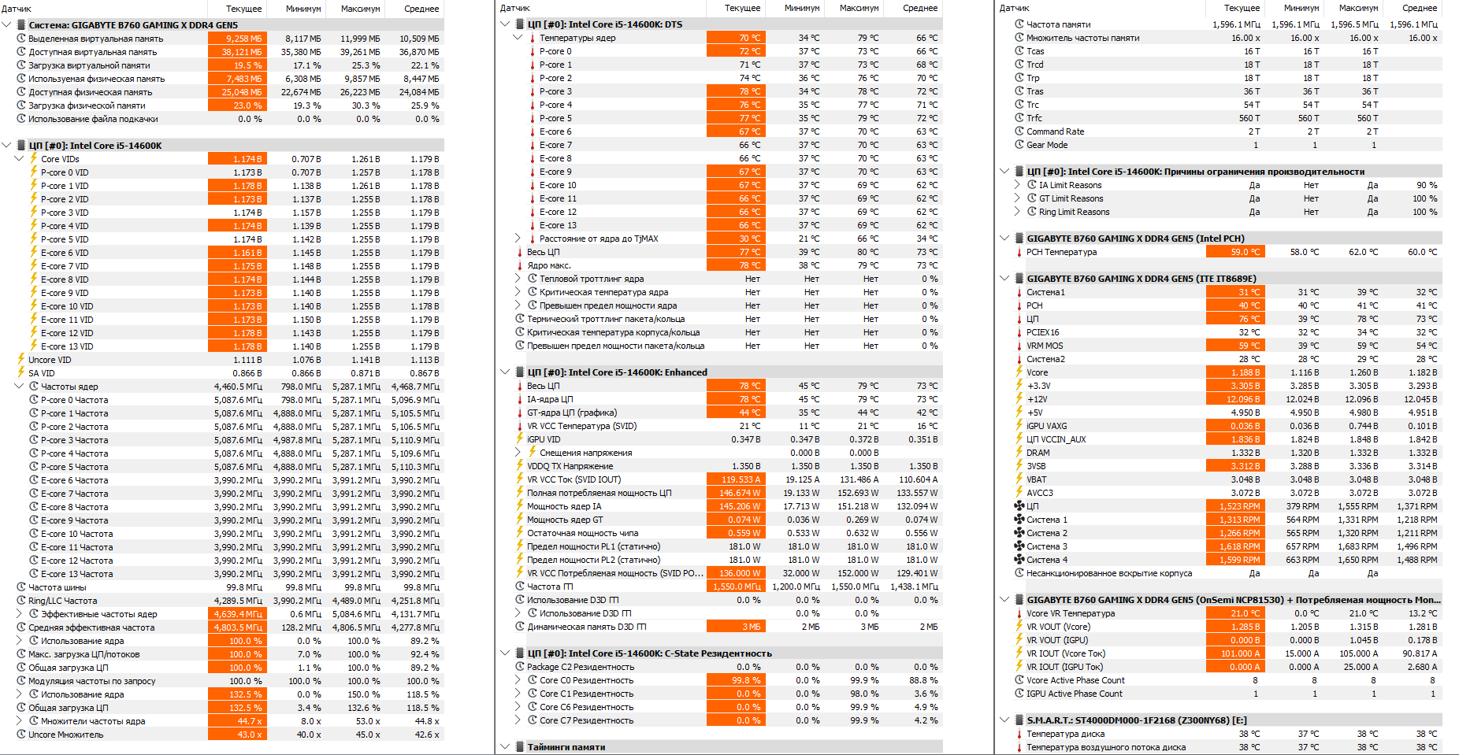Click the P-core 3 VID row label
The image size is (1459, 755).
[65, 213]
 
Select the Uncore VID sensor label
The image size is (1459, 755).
[50, 360]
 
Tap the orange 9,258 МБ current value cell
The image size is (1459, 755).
[237, 39]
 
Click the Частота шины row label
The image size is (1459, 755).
[57, 587]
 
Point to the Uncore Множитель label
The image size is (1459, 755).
[65, 735]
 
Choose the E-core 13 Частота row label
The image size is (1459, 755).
[76, 574]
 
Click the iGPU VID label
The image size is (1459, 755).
[544, 439]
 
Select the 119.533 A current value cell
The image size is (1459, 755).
[735, 479]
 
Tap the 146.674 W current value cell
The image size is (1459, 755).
[735, 493]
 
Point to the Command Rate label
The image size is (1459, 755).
[1055, 131]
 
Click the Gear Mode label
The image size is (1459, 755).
[1047, 145]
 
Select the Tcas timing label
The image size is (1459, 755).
[1035, 51]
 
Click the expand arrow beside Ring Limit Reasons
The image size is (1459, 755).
[1017, 212]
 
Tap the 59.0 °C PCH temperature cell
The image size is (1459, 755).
[1234, 252]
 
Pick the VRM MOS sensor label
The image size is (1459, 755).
[1045, 346]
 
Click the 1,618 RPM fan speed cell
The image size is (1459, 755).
[1234, 546]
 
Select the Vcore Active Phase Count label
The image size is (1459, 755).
[1075, 680]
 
